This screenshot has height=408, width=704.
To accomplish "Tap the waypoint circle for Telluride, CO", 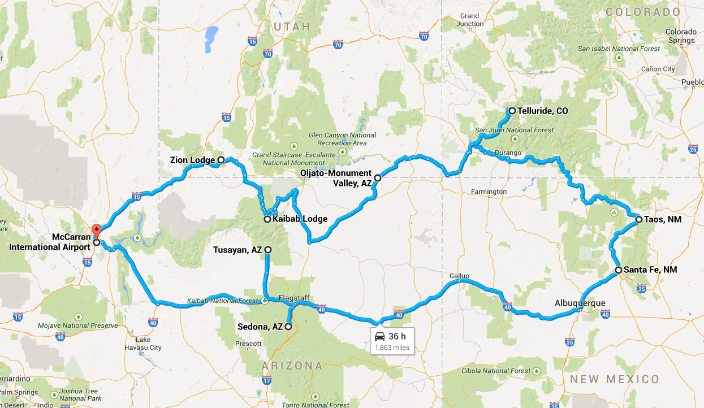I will pos(512,111).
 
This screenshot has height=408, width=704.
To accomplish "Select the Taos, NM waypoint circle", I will pos(638,219).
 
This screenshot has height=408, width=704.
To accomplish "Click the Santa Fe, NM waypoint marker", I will pos(619,270).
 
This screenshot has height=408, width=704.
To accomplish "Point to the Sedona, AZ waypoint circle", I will pos(288,327).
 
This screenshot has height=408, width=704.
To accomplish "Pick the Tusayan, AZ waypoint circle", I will pos(268,249).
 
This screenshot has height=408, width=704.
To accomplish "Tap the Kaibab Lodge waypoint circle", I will pos(267,219).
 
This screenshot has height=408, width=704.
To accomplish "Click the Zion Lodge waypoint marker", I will pos(221,160).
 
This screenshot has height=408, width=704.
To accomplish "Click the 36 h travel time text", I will pos(398,337).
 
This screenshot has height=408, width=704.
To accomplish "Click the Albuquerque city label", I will pos(580,303).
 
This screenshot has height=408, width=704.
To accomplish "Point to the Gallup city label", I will pos(459,276).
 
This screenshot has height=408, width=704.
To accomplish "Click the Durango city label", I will pos(507,153).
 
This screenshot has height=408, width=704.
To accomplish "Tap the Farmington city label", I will pos(489,192).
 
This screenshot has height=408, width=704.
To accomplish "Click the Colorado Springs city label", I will pos(681,36).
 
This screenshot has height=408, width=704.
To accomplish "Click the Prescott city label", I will pos(248,344).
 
